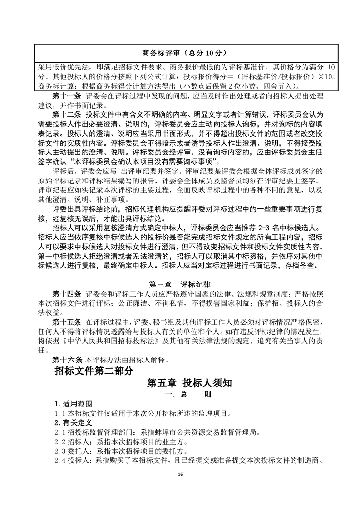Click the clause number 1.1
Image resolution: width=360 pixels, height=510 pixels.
59,413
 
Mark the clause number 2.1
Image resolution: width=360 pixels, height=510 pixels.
59,432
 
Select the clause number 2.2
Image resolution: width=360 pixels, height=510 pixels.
59,442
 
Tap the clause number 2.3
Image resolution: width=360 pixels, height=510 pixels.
59,451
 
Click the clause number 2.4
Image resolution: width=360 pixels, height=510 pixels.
59,461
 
